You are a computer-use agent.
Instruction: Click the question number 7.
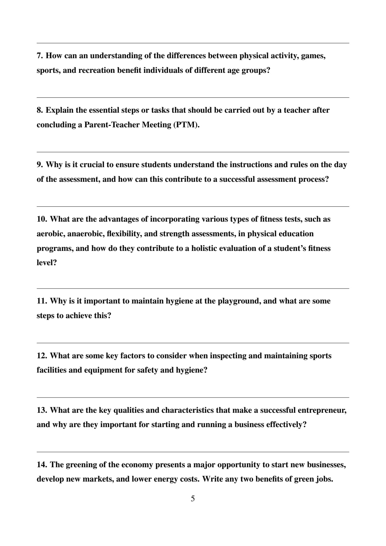40,56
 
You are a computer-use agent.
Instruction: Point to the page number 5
193,498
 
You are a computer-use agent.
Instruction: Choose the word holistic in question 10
208,248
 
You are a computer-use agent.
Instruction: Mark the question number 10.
42,219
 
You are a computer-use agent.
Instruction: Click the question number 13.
42,410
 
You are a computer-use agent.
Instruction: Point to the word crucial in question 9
92,165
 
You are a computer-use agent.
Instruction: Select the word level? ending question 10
47,263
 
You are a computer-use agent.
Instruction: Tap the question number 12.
42,356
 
